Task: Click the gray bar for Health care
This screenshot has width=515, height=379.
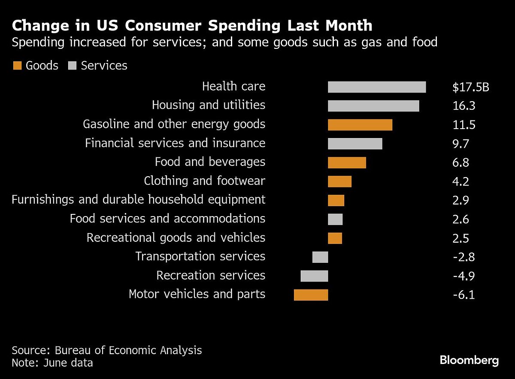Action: (x=377, y=87)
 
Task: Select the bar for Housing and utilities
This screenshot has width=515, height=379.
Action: (x=373, y=106)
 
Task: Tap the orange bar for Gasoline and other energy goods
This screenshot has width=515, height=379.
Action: (x=360, y=125)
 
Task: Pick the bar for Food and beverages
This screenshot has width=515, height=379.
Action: (x=347, y=162)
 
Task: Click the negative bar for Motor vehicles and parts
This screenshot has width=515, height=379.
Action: (x=311, y=295)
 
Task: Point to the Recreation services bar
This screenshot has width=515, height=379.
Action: (x=314, y=276)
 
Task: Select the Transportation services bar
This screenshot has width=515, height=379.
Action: (x=320, y=257)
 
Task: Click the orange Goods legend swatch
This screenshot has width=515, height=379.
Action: (x=17, y=66)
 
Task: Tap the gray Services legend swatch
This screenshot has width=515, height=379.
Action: (x=72, y=66)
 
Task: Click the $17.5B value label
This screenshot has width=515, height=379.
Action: (x=471, y=87)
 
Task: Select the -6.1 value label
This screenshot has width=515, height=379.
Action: (x=463, y=295)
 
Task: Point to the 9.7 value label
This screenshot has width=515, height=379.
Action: (x=460, y=144)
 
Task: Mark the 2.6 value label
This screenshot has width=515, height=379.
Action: (x=460, y=219)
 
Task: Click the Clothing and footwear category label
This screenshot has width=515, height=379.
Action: (x=204, y=181)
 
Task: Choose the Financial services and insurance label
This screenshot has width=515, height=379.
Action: (x=175, y=143)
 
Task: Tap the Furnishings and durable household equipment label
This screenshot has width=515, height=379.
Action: (x=138, y=199)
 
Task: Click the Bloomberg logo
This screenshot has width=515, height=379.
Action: (x=469, y=360)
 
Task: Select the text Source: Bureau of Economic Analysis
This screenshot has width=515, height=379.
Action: (x=106, y=350)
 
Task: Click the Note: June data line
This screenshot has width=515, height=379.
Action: (x=52, y=363)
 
